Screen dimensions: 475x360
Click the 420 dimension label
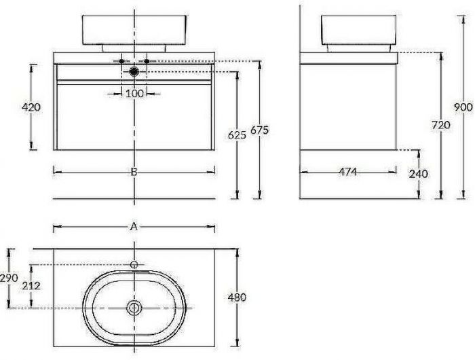[31, 107]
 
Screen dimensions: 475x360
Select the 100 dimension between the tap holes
[134, 94]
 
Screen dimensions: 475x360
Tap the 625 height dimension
[237, 135]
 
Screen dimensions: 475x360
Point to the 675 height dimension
[260, 130]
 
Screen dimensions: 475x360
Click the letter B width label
[134, 172]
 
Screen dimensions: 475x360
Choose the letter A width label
[134, 226]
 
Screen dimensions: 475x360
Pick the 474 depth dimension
[347, 172]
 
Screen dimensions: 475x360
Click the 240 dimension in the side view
[419, 174]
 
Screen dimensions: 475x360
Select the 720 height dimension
[441, 125]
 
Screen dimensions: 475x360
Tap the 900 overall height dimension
[463, 107]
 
